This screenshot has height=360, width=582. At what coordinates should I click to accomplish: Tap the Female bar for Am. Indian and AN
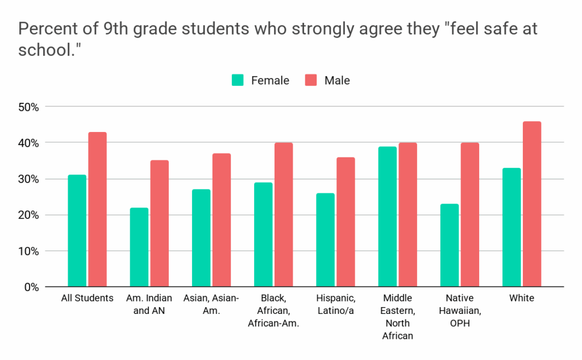point(139,247)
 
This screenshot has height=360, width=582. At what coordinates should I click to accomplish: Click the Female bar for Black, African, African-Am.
point(263,234)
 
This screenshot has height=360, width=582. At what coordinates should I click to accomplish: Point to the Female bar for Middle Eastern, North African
point(388,217)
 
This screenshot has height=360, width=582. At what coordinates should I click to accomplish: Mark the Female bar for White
point(512,227)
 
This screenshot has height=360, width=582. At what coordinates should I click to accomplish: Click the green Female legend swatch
point(238,80)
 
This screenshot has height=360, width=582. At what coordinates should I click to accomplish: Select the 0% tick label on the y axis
point(31,287)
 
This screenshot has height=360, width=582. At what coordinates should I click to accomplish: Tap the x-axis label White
point(522,298)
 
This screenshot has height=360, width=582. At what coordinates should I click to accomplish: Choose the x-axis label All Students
point(88,298)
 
